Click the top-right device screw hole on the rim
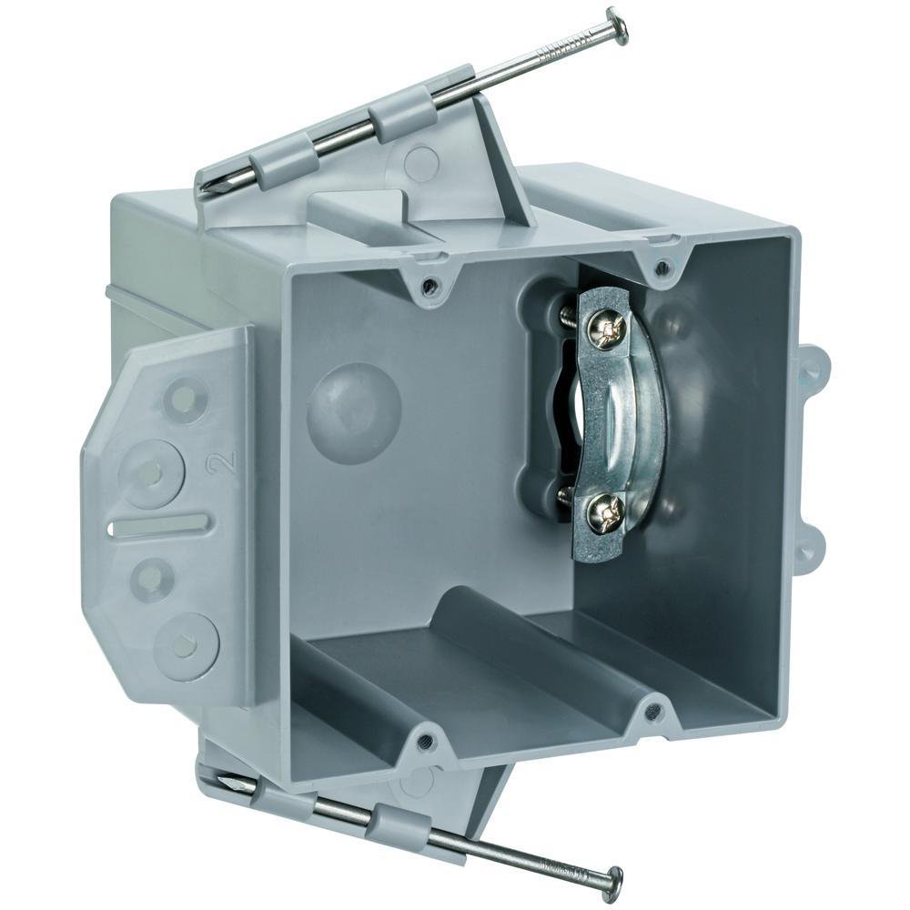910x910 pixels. tap(663, 267)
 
